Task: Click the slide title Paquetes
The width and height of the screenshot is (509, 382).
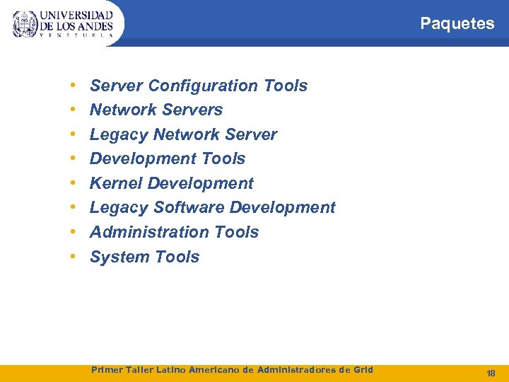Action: [x=457, y=23]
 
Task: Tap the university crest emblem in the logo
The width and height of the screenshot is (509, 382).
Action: [x=25, y=23]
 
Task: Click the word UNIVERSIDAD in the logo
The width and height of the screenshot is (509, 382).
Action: [x=76, y=15]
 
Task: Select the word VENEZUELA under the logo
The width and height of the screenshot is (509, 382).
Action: [x=76, y=35]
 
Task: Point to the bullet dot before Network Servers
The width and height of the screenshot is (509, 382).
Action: [x=74, y=110]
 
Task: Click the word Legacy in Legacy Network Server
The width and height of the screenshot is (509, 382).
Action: [x=119, y=134]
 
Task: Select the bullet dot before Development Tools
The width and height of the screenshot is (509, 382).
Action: [x=74, y=158]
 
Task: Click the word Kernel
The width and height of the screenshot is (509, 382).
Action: [x=116, y=183]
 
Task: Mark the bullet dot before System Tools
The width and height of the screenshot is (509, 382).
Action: [x=74, y=257]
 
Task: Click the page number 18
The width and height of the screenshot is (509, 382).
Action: [x=491, y=373]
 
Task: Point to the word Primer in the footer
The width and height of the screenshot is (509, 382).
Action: [x=107, y=369]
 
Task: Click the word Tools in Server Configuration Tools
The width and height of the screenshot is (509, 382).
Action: [x=286, y=86]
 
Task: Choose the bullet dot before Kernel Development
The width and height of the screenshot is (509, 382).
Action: [x=74, y=183]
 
